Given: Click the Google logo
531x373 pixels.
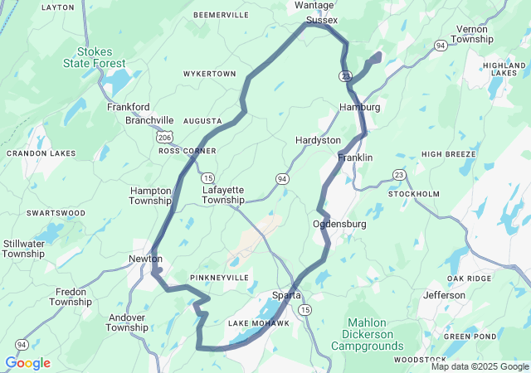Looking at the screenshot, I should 27,363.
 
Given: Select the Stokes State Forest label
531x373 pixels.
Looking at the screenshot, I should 95,57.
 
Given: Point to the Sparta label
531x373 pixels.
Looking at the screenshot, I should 288,295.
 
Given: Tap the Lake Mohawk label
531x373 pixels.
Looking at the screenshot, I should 259,322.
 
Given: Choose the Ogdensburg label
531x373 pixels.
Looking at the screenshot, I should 339,225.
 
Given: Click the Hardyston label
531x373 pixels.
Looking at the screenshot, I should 318,141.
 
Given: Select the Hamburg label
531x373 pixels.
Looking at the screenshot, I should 359,107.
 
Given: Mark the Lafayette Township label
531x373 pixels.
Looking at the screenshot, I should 223,195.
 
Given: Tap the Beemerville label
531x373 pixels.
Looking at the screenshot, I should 221,15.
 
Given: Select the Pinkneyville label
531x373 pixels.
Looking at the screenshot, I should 219,277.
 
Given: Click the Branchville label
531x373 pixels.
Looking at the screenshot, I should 149,120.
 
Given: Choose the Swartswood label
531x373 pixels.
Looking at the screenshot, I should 56,213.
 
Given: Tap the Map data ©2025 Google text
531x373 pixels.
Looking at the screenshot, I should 480,366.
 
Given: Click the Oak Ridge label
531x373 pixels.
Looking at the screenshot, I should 468,279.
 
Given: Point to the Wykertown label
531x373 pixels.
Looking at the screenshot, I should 210,74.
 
